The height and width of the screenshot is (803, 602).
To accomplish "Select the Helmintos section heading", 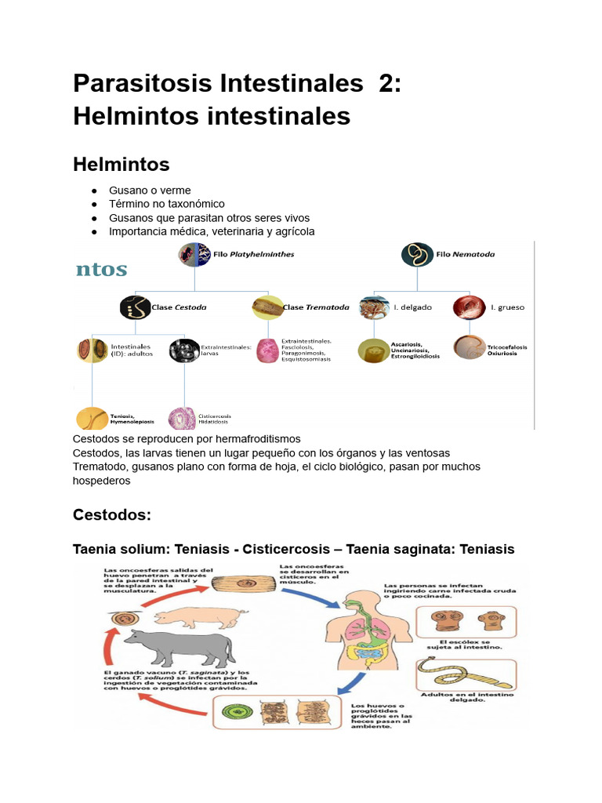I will [x=121, y=164].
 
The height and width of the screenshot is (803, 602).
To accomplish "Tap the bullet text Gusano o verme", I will [x=150, y=191].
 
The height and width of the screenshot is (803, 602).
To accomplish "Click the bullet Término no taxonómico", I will [x=167, y=204].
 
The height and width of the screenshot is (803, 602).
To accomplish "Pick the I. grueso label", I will [x=507, y=307].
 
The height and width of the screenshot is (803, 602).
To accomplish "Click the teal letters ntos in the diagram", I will [x=101, y=270].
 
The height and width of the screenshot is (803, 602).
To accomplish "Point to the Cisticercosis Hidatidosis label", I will [x=214, y=419].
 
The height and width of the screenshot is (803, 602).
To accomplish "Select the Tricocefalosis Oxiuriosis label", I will [x=506, y=350].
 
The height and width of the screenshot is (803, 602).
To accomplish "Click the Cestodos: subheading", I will [x=111, y=515].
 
